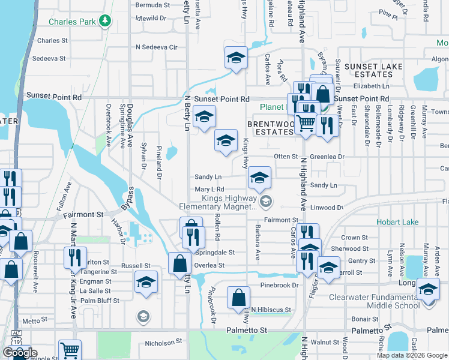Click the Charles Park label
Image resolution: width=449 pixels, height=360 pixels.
72,22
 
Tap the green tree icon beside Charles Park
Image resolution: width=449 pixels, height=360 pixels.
106,21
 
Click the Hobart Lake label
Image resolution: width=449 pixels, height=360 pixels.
397,221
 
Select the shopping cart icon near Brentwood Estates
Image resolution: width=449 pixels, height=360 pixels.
306,123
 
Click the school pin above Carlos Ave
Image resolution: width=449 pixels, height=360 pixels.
236,58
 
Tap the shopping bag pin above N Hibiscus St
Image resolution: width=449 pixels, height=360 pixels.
239,297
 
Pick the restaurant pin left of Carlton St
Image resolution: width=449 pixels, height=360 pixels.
75,257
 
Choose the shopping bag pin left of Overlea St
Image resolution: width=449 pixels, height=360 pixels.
180,263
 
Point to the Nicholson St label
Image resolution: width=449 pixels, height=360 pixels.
163,344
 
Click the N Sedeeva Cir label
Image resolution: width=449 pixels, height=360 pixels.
157,47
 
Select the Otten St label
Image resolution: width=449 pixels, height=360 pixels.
286,156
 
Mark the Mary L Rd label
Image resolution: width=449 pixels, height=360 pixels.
209,190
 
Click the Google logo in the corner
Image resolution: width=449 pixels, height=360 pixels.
20,352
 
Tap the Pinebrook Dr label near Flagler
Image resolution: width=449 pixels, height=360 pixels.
279,285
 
